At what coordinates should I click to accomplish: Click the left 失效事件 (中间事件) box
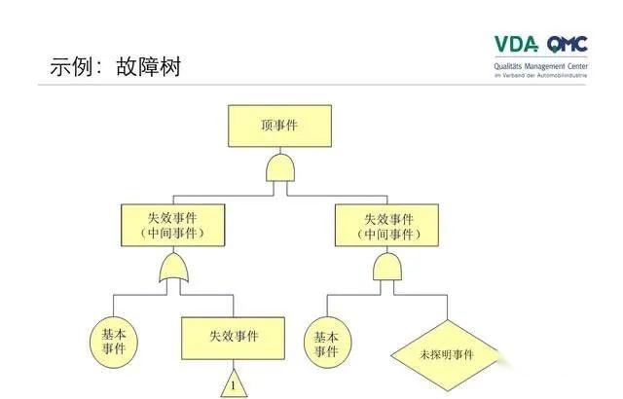point(172,224)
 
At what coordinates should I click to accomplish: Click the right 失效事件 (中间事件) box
point(386,224)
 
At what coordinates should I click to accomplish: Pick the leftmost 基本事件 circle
point(114,343)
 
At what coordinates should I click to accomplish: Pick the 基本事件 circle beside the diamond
point(325,343)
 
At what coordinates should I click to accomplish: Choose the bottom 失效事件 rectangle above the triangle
point(234,338)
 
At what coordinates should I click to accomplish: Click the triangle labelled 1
point(234,383)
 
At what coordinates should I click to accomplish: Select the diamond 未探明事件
point(446,354)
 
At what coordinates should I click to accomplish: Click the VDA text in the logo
point(516,45)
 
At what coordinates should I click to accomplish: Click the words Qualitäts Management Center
point(540,65)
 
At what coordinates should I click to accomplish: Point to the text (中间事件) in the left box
point(172,234)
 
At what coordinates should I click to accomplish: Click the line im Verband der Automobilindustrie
point(540,75)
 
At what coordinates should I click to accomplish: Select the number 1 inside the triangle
point(234,386)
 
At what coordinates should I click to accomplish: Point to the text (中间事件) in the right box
point(387,234)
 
